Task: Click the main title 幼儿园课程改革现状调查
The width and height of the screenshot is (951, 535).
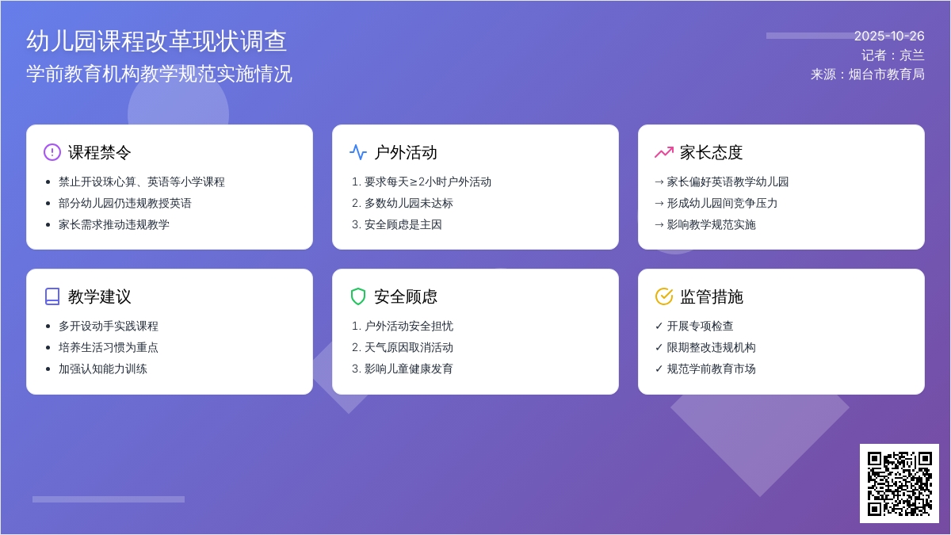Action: point(157,41)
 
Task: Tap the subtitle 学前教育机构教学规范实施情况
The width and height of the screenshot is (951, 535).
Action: point(159,74)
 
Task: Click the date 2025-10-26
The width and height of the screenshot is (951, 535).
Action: point(889,36)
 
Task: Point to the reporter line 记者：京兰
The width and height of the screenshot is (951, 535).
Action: point(893,55)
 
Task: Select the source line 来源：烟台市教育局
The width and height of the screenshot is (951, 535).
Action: point(868,74)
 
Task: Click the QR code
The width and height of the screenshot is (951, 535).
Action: point(899,483)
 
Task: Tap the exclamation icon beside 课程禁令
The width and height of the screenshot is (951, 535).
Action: point(52,152)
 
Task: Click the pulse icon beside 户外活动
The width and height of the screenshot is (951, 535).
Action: point(358,152)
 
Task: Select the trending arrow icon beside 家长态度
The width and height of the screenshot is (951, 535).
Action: point(664,152)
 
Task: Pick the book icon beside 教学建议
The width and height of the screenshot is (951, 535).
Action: point(52,296)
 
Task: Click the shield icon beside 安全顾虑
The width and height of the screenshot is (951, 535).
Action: point(358,296)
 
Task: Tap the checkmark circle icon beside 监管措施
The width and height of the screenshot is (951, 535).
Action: point(664,296)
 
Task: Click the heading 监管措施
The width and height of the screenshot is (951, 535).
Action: point(712,296)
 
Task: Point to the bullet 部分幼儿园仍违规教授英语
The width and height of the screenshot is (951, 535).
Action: point(125,203)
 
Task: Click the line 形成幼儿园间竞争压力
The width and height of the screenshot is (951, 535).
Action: point(722,203)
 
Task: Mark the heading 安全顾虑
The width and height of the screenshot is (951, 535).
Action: point(406,296)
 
